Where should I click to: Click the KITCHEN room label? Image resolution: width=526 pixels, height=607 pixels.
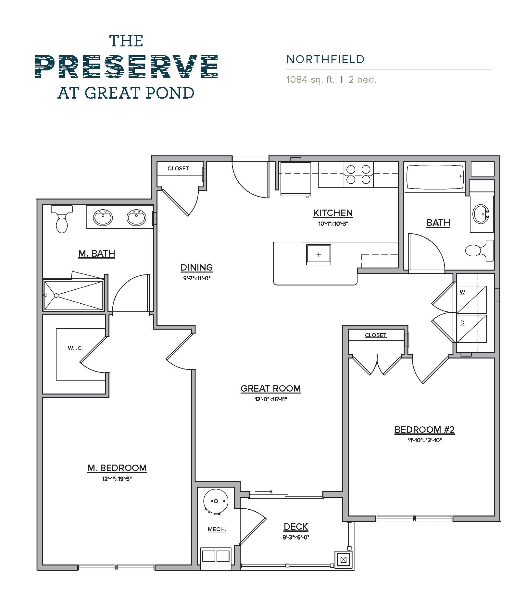pos(333,213)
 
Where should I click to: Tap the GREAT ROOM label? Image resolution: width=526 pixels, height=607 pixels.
pos(270,388)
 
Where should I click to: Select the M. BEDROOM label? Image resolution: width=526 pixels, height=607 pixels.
pos(117,468)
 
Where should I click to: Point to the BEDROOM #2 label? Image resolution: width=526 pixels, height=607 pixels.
pos(424,430)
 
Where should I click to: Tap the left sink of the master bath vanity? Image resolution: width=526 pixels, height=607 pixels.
pos(103,217)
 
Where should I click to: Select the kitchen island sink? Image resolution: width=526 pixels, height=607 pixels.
pos(319,255)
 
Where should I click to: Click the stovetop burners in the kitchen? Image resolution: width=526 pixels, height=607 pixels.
pos(358,175)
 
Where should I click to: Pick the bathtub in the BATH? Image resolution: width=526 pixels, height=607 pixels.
pos(434,177)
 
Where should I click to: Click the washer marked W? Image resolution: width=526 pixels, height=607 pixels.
pos(471,299)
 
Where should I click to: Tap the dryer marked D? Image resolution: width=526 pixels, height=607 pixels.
pos(471,329)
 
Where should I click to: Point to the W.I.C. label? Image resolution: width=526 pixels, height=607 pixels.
pos(75,348)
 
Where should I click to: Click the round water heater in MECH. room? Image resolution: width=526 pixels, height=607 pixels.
pos(216,501)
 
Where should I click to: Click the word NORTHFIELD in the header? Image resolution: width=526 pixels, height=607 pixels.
pos(325,59)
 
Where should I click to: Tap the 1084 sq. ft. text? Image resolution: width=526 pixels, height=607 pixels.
pos(310,80)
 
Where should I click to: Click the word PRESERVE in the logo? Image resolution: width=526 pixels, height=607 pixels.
pos(126,67)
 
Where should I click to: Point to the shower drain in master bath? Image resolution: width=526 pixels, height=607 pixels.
pos(56,296)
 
